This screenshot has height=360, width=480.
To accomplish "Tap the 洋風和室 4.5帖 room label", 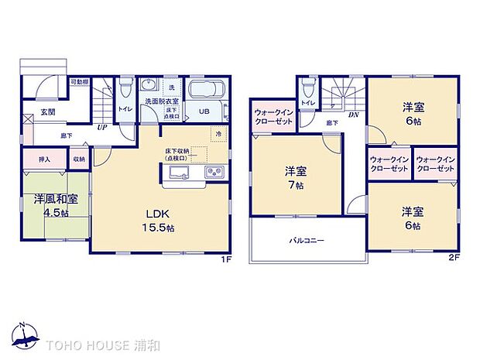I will pos(55,204).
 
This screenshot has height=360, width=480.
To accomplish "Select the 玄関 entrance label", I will pos(48,112).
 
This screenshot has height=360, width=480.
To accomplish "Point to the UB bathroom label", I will pos(204,111).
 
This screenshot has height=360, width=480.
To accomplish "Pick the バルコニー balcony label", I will pos(307,241).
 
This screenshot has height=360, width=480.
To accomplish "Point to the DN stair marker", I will pos(353,114).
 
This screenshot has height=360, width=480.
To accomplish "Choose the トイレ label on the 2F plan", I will pos(308,102).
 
